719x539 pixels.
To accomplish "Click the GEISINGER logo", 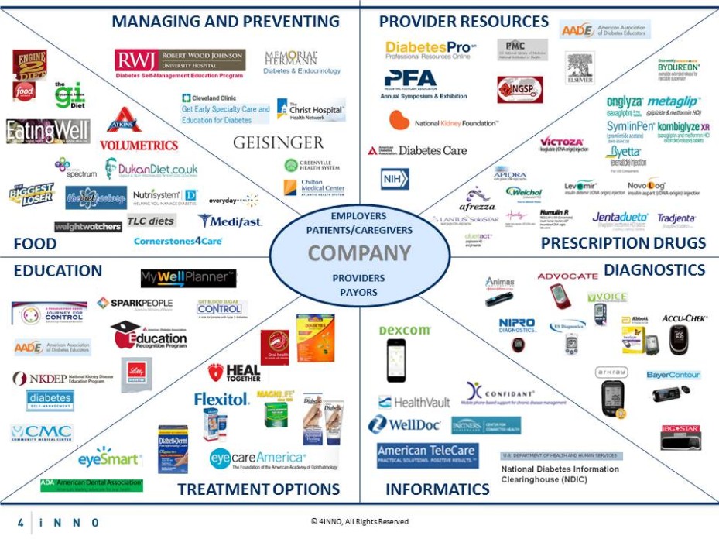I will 278,143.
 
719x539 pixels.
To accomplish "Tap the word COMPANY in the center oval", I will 359,253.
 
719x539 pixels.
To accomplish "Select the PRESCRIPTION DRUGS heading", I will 623,243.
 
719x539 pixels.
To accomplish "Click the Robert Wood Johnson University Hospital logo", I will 180,60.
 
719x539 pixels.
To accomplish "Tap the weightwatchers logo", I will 87,227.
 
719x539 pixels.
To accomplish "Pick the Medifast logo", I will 230,221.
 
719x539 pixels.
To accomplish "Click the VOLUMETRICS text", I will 139,145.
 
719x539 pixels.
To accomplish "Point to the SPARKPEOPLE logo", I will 135,303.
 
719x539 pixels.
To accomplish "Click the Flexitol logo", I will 221,400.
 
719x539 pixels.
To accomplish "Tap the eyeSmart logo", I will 109,458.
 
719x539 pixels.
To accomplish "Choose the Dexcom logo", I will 404,331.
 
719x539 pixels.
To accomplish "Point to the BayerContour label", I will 673,376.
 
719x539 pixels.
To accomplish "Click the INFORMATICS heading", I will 437,489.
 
